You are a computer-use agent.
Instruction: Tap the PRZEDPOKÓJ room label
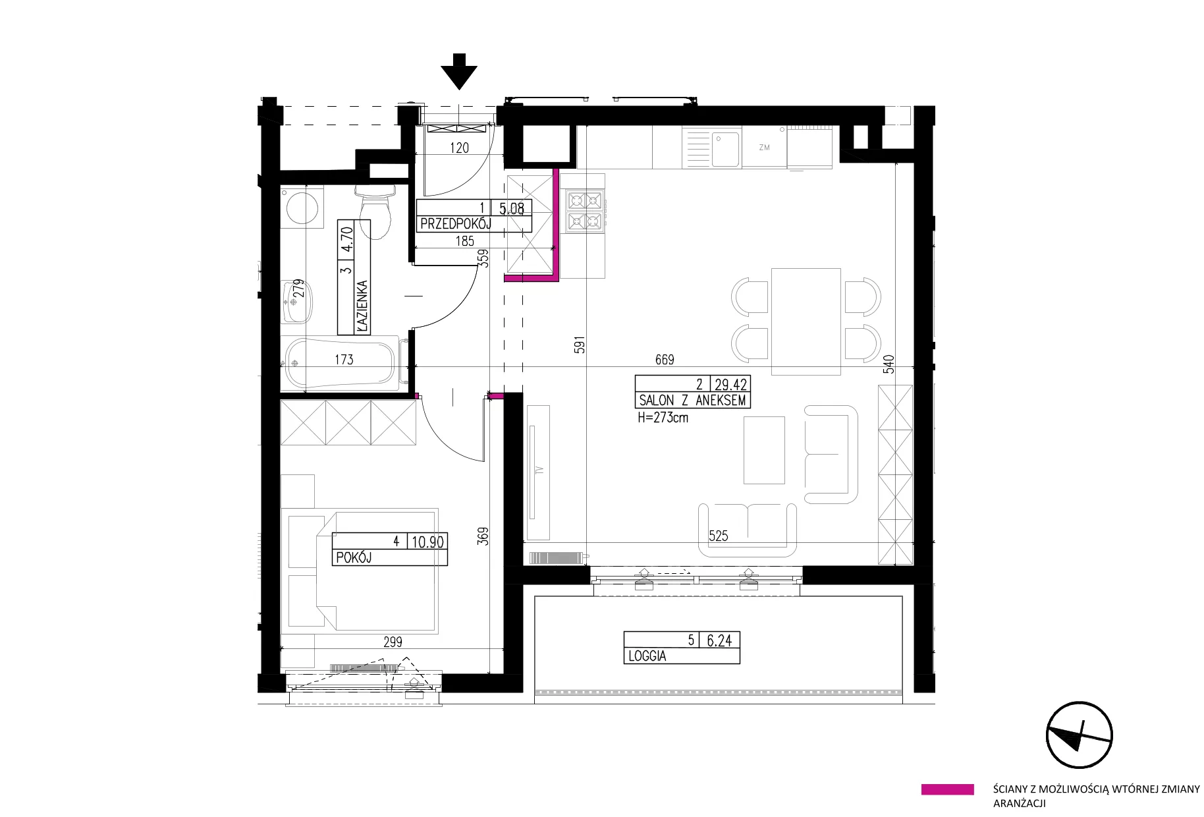tap(456, 224)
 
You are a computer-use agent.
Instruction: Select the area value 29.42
tap(731, 384)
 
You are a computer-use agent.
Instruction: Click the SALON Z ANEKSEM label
tap(692, 400)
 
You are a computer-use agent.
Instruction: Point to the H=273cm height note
tap(663, 417)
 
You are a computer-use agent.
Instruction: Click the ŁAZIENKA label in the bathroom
tap(362, 306)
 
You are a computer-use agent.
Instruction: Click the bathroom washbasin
tap(296, 302)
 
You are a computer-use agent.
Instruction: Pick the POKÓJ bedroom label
tap(354, 557)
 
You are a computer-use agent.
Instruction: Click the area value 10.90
tap(427, 542)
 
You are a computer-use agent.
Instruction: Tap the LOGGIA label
tap(647, 656)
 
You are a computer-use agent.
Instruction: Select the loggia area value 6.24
tap(719, 640)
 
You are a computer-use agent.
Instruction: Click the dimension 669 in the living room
tap(665, 360)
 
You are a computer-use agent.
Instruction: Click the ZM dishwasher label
tap(764, 148)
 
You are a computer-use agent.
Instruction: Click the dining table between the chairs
tap(806, 321)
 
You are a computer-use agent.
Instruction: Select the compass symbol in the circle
tap(1080, 735)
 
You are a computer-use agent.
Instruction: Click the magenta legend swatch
tap(947, 789)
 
